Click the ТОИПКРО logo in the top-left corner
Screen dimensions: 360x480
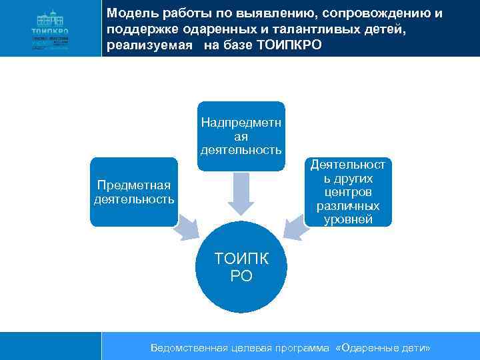coord(50,28)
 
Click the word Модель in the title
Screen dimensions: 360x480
coord(129,14)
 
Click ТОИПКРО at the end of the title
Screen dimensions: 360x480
coord(289,47)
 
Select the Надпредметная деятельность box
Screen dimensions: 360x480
coord(241,136)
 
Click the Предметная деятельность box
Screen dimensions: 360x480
coord(134,192)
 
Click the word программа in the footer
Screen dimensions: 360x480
coord(298,348)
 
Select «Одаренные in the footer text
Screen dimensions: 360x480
coord(367,348)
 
